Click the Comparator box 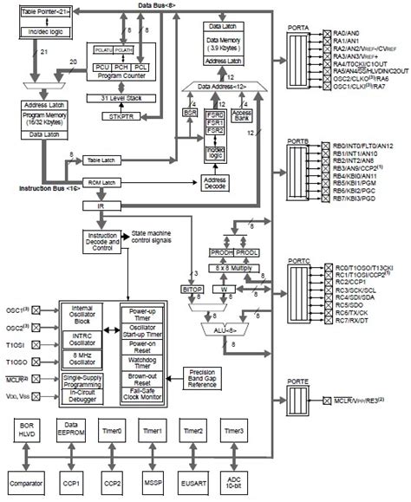click(x=26, y=480)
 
